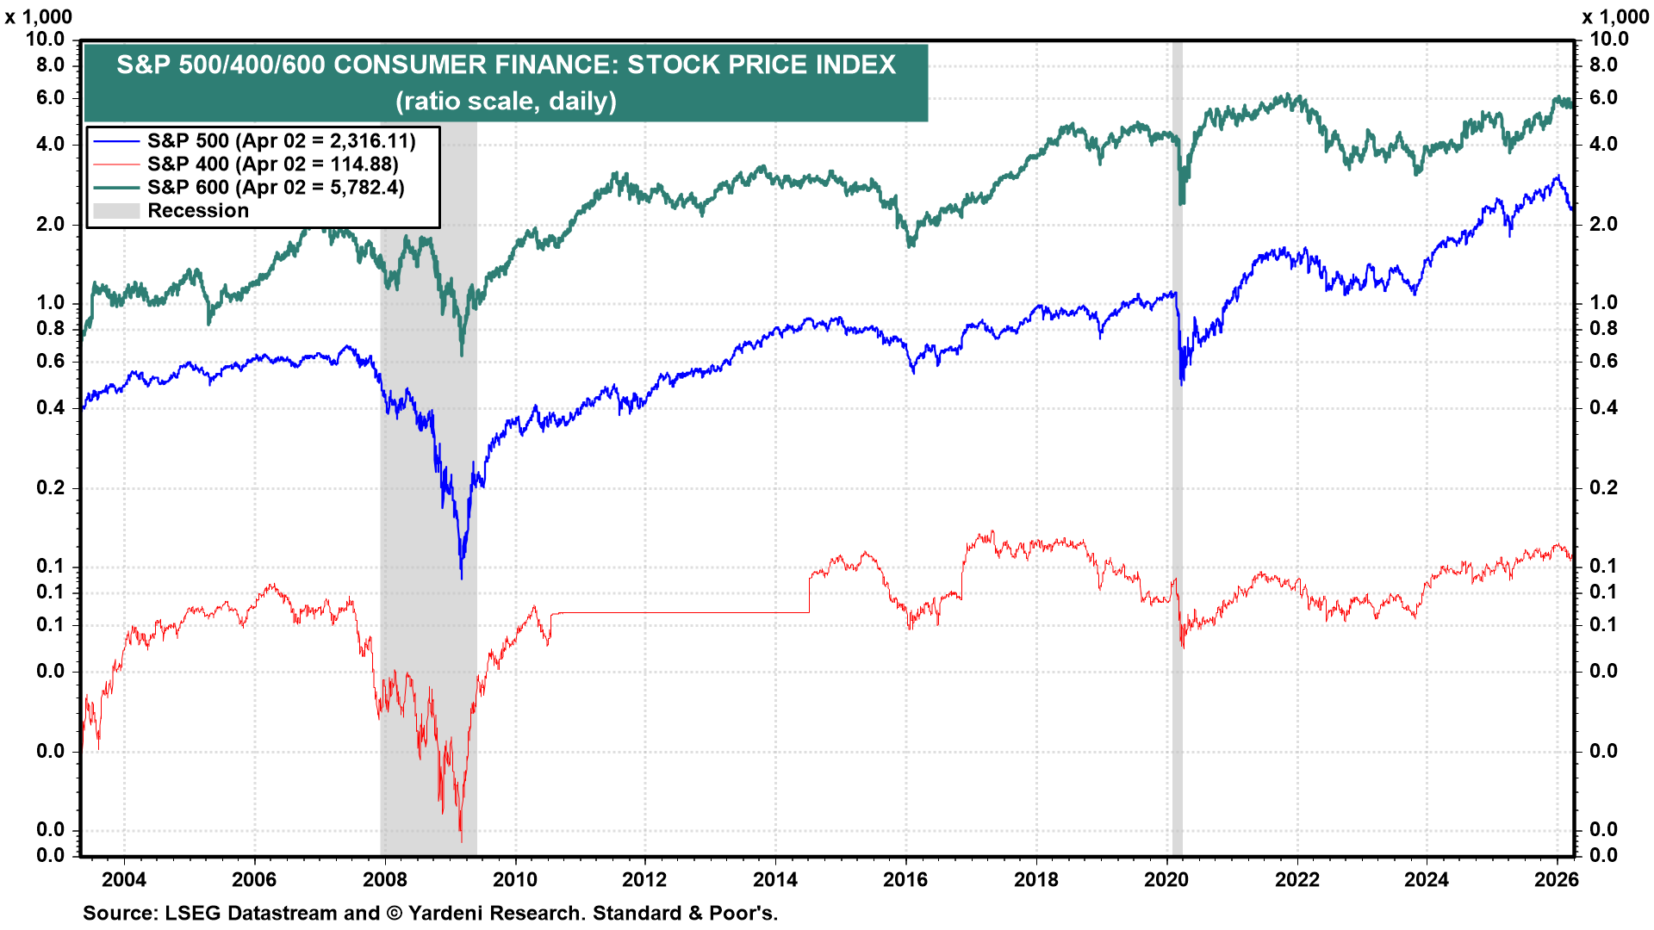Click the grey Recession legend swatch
pos(116,211)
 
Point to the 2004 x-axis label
pos(124,879)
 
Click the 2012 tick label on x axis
pos(644,879)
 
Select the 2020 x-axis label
pos(1166,879)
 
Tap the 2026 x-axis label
pos(1557,879)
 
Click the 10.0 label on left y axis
pos(45,39)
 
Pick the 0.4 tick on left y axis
pos(50,407)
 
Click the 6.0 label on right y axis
pos(1603,97)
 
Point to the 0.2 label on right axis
pos(1603,487)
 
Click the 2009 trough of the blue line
pos(462,575)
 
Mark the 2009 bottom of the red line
pos(461,839)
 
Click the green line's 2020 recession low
pos(1182,201)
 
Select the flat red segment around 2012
pos(681,612)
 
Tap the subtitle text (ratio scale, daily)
pos(506,102)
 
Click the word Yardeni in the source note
pos(446,913)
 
